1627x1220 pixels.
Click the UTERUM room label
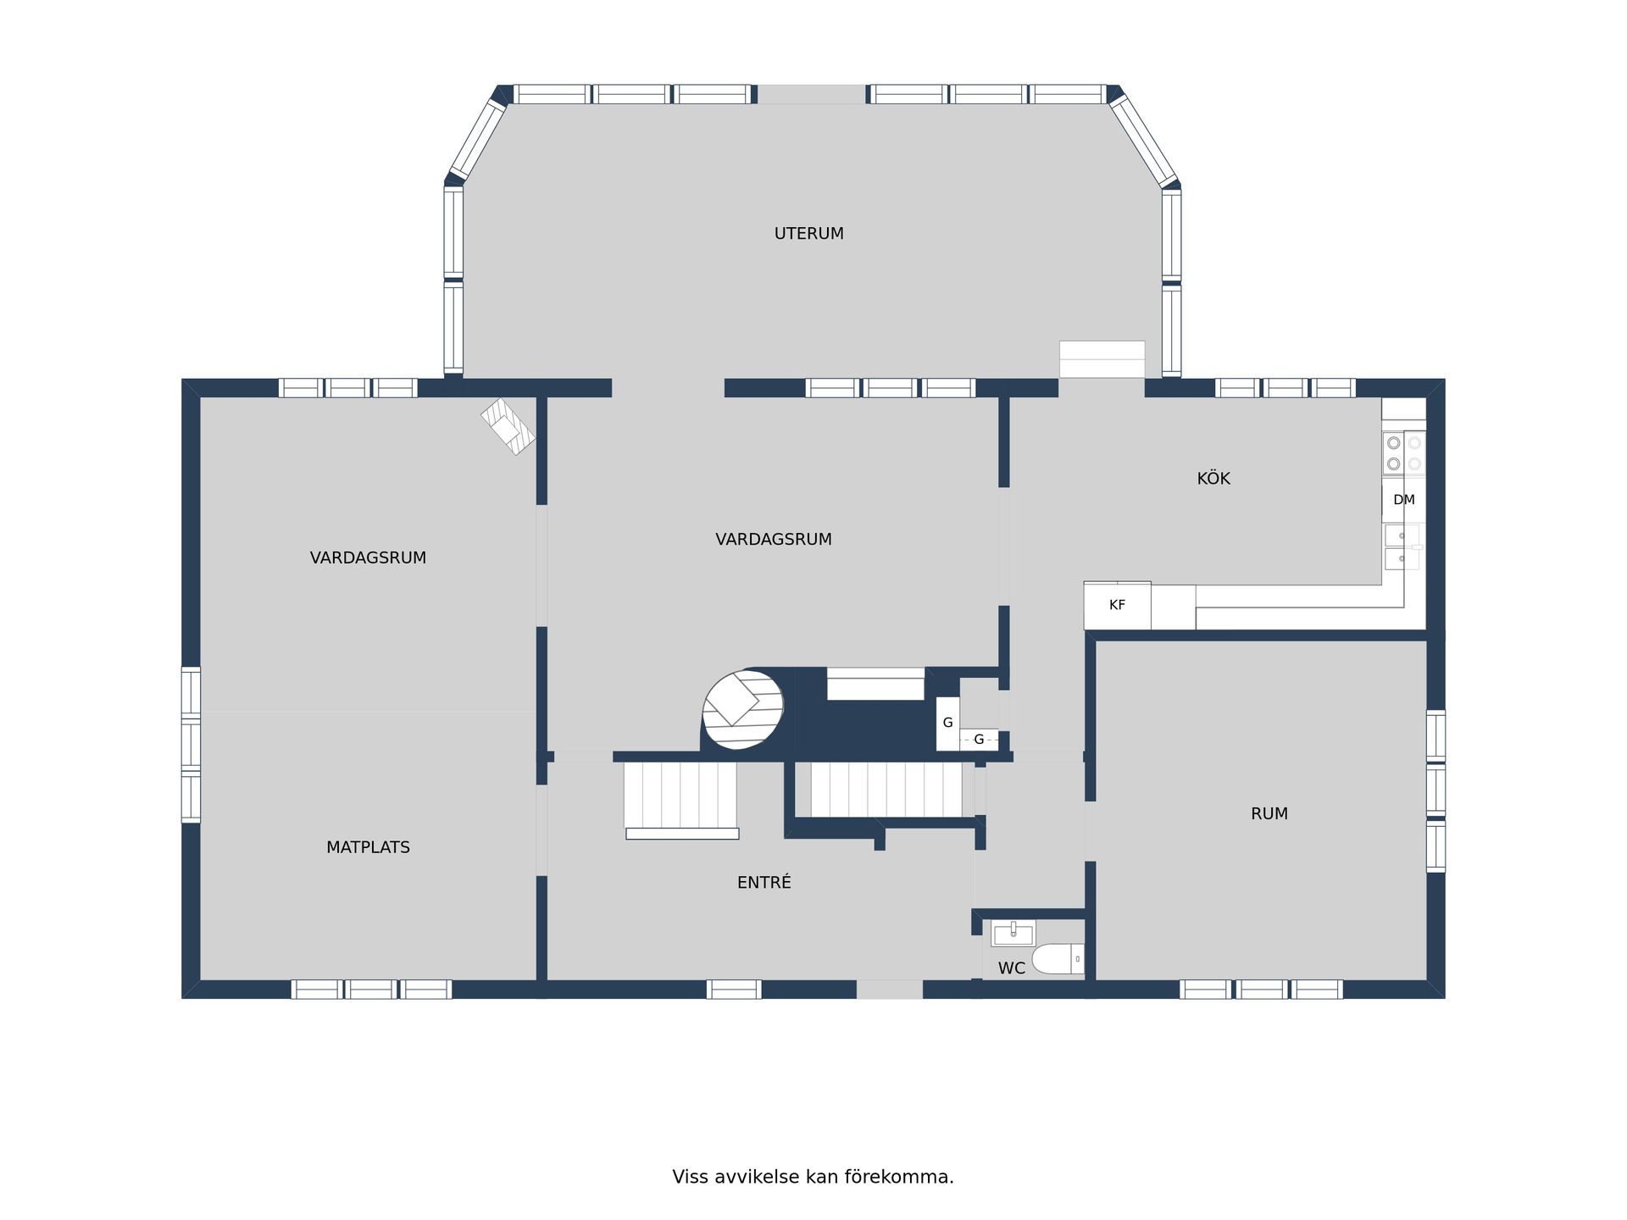pos(808,234)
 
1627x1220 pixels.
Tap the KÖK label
pos(1213,478)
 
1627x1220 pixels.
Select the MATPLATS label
pos(368,847)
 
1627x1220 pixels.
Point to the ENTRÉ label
pos(764,882)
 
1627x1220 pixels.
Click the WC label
pos(1011,968)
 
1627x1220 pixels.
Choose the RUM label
pos(1269,814)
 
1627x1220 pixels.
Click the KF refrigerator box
pos(1117,605)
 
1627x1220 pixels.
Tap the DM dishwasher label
pos(1403,500)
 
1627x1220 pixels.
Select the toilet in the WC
pos(1058,959)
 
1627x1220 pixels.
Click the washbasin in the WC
pos(1013,934)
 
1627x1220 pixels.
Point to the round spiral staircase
pos(743,710)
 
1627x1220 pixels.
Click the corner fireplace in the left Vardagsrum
pos(508,426)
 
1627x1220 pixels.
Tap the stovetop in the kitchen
pos(1403,453)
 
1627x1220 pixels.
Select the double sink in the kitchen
pos(1402,546)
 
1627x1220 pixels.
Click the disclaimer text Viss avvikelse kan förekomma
pos(813,1177)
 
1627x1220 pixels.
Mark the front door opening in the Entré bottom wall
pos(889,990)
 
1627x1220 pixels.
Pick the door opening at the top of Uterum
pos(811,94)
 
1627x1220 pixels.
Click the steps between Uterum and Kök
pos(1102,359)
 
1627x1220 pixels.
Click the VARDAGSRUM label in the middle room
pos(773,540)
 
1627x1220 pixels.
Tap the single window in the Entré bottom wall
pos(734,990)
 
